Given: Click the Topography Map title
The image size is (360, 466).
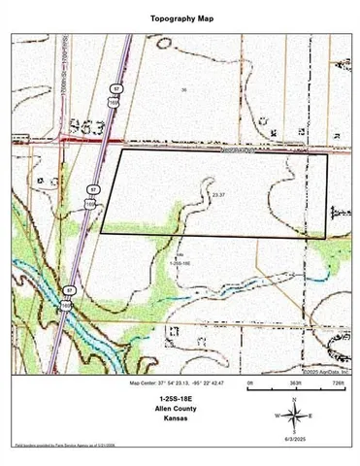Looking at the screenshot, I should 180,18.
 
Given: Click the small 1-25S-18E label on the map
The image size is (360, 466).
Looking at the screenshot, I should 180,263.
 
